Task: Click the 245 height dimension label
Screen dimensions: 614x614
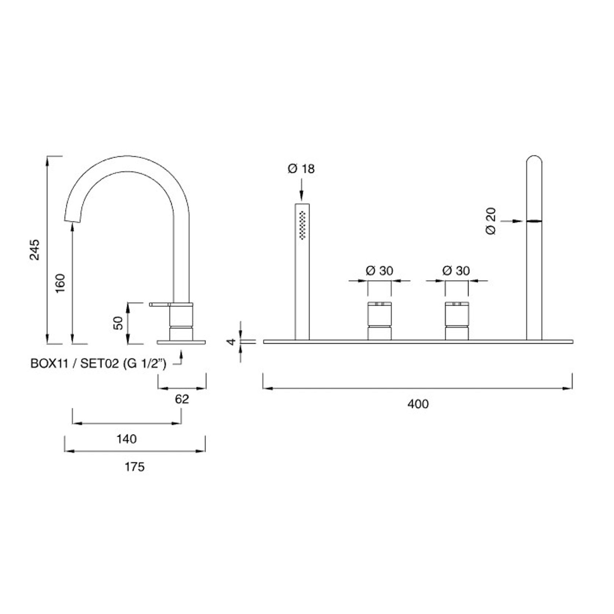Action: click(35, 249)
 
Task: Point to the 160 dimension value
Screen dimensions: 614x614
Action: click(60, 282)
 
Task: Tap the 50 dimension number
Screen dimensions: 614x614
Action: click(118, 323)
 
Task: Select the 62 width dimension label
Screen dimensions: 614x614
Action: click(182, 399)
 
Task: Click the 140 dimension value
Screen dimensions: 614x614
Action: click(127, 439)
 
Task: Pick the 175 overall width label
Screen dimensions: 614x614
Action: click(135, 467)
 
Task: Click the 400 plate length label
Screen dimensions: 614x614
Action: click(418, 404)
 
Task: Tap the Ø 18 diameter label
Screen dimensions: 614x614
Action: click(301, 169)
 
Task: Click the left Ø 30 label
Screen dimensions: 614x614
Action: click(379, 271)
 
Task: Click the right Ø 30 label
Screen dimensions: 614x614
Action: click(456, 271)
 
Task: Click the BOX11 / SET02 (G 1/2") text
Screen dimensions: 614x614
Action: click(98, 363)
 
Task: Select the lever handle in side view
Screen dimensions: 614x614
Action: click(160, 304)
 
